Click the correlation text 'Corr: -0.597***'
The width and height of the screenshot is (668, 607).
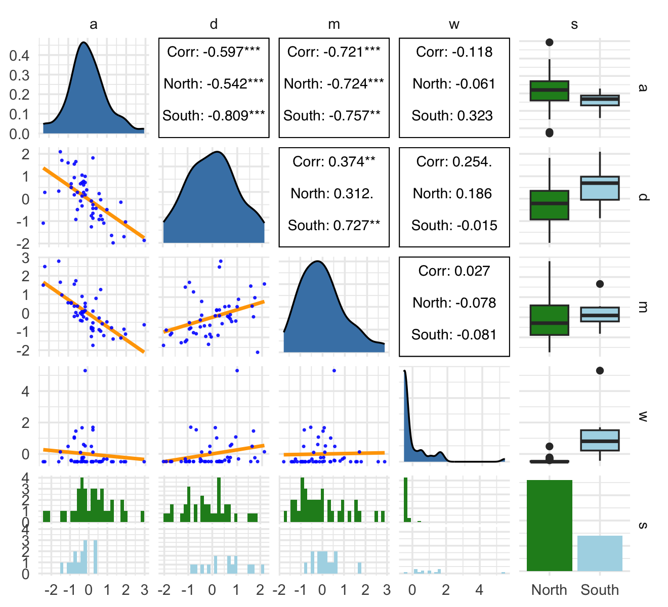pos(214,52)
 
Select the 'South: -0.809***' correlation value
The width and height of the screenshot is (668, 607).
pos(214,116)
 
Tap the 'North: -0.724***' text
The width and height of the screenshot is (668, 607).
pos(334,84)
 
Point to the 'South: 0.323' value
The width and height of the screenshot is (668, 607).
pos(452,116)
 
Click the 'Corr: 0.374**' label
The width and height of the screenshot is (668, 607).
pos(334,162)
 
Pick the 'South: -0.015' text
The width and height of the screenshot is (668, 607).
pos(454,226)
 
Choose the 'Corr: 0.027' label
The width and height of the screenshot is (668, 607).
pos(454,271)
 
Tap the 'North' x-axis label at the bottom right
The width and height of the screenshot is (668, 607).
pos(549,590)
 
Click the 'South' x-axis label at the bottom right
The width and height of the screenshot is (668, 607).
pos(600,590)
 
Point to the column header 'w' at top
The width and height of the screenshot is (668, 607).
pos(454,24)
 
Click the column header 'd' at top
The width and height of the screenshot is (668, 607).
pos(214,24)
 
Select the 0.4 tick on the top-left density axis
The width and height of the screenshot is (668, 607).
pos(19,55)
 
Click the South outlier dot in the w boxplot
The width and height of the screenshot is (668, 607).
pos(600,371)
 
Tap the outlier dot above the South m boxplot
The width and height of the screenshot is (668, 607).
pos(600,284)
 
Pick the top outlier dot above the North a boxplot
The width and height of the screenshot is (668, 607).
pos(550,42)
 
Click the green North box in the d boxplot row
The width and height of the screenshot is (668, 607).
pos(550,205)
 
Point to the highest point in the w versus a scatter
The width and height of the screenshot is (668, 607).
pos(85,371)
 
